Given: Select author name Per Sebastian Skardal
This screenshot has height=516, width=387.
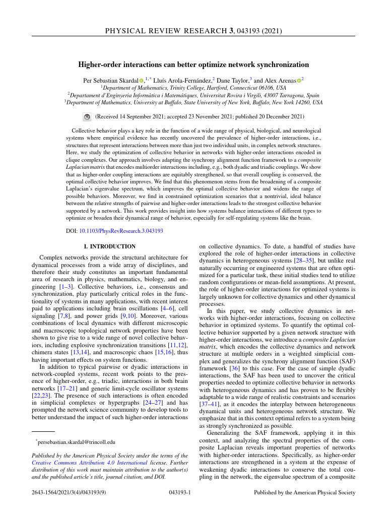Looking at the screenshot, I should [x=110, y=80].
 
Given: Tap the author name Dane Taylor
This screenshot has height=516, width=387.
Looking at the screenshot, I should [x=232, y=80].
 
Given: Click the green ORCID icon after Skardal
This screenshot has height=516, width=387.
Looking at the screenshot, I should [x=142, y=80].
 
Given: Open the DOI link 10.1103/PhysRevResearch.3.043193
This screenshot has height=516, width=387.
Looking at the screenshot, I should [x=121, y=231].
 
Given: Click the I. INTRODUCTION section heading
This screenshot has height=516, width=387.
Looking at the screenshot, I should [x=109, y=246].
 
